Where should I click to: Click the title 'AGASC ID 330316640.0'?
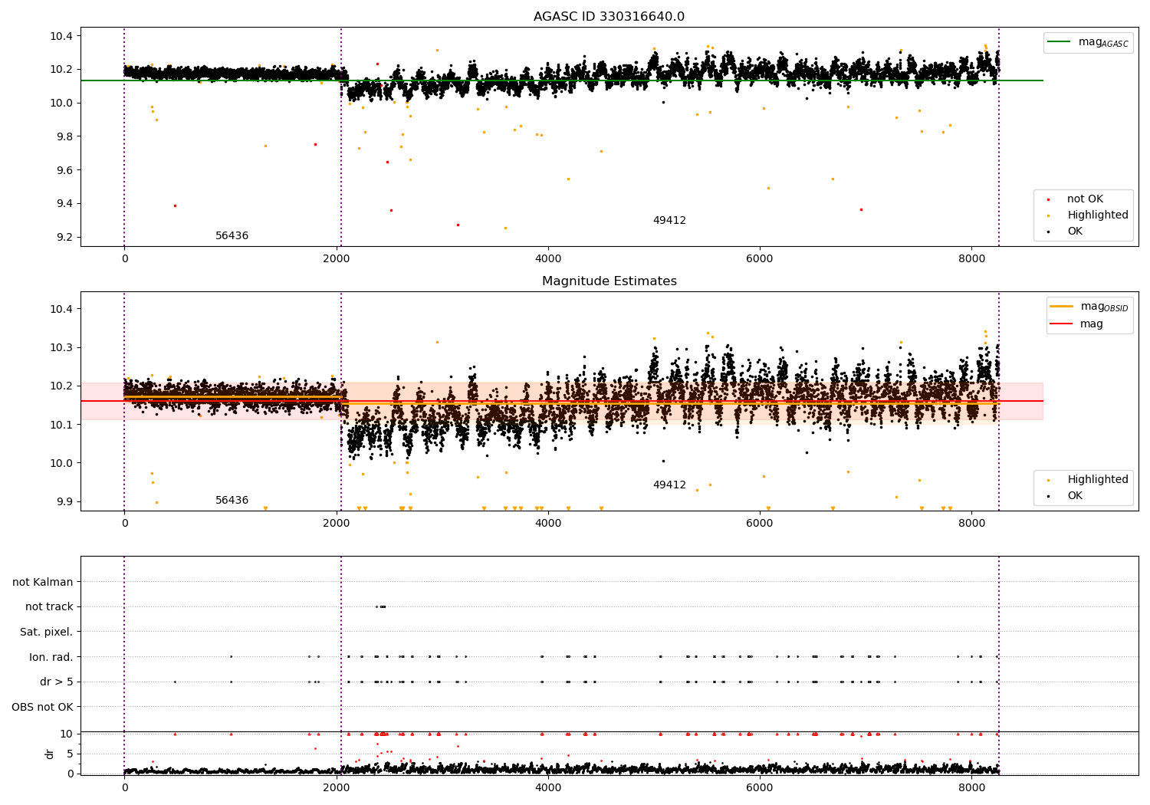pos(609,17)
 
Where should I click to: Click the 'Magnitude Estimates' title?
pos(609,281)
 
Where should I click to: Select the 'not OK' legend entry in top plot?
pos(1085,199)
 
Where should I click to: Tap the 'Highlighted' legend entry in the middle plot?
pos(1097,480)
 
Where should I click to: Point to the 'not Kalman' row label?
pos(43,582)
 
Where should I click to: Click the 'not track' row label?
pos(49,606)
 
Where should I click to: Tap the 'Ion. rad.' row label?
pos(51,657)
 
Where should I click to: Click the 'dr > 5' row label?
pos(56,682)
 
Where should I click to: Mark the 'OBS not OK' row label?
pos(42,707)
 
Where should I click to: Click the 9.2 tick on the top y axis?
pos(61,237)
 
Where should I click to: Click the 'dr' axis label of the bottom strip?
pos(50,754)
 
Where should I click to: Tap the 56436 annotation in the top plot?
pos(232,236)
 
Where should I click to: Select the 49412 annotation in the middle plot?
pos(669,485)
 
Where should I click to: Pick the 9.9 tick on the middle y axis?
pos(61,501)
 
